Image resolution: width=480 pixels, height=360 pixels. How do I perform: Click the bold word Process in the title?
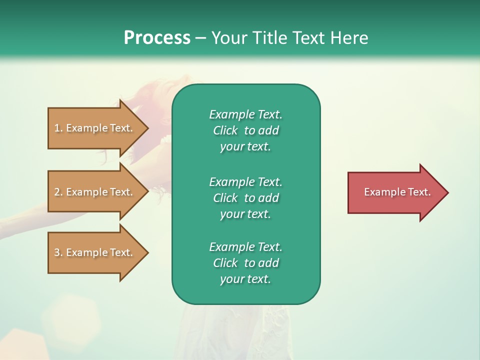pos(157,38)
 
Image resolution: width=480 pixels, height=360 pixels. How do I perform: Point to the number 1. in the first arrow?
pos(58,128)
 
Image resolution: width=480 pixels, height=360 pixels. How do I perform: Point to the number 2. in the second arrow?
pos(58,192)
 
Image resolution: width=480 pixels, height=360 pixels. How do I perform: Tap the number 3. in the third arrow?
pos(58,252)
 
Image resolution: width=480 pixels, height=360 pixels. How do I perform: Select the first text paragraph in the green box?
pos(245,130)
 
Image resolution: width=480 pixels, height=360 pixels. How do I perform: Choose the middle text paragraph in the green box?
pos(245,198)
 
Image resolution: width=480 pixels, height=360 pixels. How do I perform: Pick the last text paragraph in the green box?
pos(245,263)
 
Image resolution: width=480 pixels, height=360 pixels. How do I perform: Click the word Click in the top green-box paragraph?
pos(225,131)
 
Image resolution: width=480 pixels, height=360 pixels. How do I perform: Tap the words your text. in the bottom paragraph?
pos(245,279)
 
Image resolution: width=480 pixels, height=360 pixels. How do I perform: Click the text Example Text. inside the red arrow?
pos(397,192)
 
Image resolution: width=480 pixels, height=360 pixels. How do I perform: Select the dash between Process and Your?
pos(201,38)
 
